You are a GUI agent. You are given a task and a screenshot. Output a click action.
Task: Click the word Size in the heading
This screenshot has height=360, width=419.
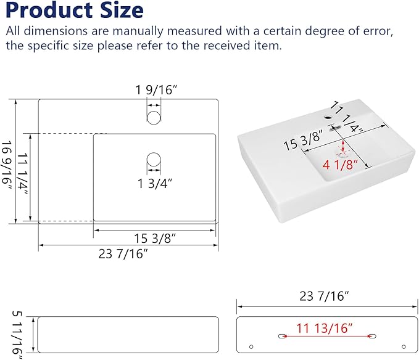point(122,10)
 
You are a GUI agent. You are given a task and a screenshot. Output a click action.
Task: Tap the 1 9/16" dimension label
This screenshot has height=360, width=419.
point(156,90)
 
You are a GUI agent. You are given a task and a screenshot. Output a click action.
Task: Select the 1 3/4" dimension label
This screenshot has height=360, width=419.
point(155,184)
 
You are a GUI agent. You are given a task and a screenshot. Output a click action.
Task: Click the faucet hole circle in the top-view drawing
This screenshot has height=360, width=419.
point(154,118)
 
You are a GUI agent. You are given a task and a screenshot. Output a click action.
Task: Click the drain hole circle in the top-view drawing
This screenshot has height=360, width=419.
point(154,160)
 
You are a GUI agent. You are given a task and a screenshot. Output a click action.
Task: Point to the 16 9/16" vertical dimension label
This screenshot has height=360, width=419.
point(7,165)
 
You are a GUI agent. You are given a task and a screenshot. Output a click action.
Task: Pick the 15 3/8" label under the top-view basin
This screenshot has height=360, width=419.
point(155,239)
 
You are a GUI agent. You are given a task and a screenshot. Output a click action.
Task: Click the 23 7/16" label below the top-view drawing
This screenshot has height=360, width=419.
point(123,254)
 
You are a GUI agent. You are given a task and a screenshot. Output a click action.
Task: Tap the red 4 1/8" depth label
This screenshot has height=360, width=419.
point(339,165)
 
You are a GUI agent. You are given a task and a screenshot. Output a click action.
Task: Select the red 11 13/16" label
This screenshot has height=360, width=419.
point(325,328)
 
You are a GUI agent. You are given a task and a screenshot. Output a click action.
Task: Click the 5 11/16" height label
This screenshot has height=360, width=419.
point(18,335)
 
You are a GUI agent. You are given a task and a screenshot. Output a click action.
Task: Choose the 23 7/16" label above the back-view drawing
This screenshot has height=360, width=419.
point(324,297)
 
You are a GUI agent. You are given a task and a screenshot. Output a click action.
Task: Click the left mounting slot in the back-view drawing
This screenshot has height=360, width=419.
point(282,336)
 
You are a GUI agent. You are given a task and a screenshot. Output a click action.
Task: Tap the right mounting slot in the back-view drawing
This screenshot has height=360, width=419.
point(372,336)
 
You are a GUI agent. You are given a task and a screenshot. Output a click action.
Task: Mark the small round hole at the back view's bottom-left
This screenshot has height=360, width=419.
point(251,346)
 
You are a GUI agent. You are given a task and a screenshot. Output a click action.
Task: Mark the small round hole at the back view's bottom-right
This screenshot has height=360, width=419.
point(404,346)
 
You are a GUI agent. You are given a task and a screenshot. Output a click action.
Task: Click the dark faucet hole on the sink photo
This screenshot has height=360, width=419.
point(328,117)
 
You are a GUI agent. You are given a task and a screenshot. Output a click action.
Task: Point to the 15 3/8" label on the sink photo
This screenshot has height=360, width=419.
point(303,140)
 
